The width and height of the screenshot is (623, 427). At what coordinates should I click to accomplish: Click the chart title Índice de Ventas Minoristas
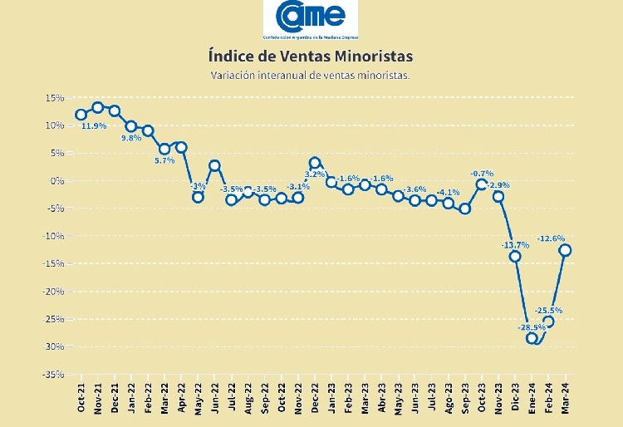coord(310,56)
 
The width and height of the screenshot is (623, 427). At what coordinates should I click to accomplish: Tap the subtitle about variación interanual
coord(310,76)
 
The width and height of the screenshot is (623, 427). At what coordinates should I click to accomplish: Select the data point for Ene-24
coord(532,338)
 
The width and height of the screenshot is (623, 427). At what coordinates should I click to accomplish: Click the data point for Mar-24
coord(565,250)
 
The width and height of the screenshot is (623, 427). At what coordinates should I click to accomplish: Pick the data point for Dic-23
coord(515,256)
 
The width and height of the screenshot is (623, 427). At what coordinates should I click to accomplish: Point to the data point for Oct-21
coord(81,115)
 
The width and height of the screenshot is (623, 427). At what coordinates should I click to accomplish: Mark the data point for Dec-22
coord(315,163)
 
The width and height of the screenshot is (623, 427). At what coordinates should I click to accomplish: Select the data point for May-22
coord(198,197)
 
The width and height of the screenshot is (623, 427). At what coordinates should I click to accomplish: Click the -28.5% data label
coord(532,327)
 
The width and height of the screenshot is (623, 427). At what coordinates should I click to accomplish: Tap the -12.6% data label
coord(552,239)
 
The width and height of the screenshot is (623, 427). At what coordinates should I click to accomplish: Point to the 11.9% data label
coord(93,126)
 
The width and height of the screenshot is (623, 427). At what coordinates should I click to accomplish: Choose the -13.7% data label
coord(515,245)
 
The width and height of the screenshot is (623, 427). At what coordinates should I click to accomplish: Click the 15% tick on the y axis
coord(55,98)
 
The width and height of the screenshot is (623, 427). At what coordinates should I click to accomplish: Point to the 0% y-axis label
coord(57,181)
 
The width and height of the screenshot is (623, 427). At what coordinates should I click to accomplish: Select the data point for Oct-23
coord(482,184)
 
